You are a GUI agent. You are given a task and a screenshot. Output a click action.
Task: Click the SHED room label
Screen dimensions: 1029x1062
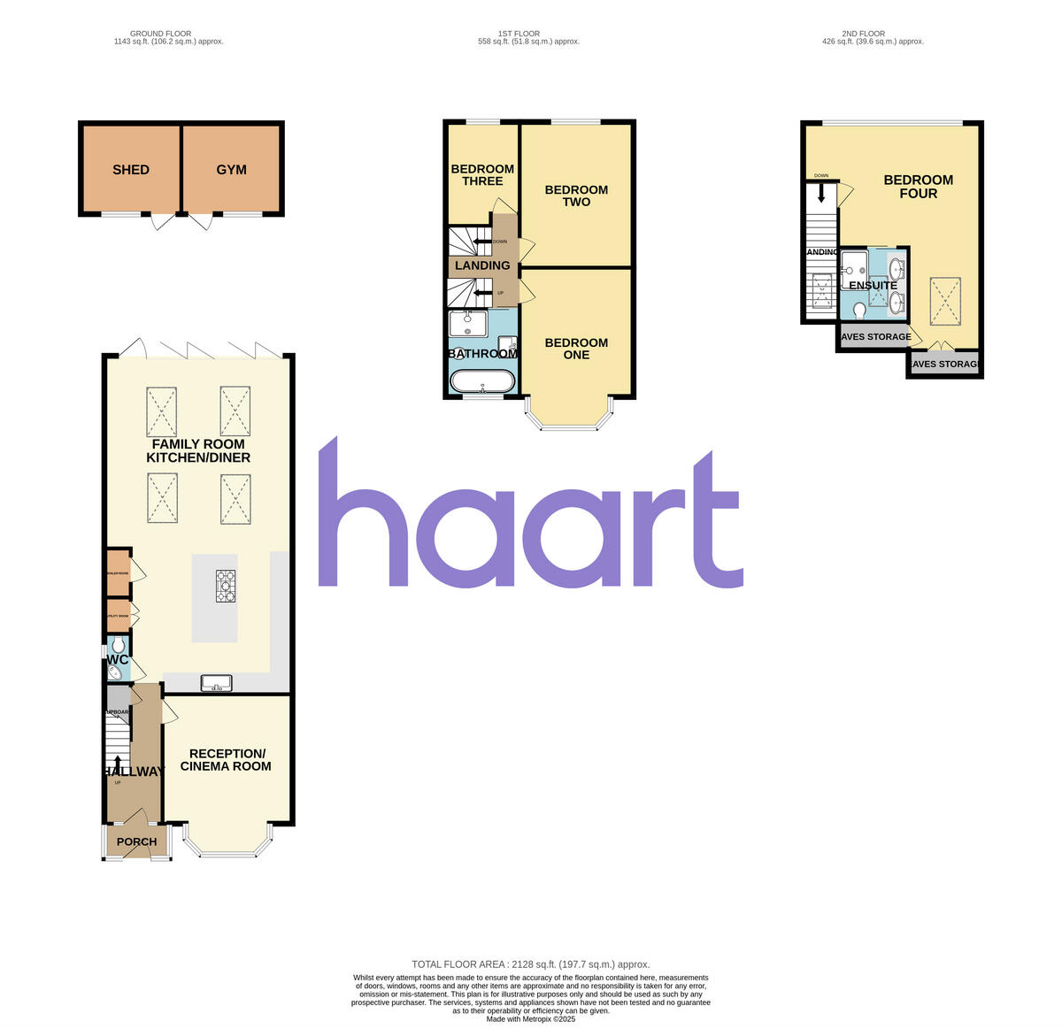(x=131, y=170)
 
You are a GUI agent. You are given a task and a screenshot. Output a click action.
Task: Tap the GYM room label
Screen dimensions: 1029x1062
(x=231, y=170)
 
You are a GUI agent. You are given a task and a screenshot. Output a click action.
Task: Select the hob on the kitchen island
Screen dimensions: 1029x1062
(x=227, y=586)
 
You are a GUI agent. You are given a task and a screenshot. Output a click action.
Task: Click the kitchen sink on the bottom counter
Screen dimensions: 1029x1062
(x=216, y=682)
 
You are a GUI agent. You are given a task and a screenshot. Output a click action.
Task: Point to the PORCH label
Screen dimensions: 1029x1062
(x=137, y=842)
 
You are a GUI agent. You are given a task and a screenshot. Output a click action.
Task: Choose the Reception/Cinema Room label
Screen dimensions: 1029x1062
(x=226, y=760)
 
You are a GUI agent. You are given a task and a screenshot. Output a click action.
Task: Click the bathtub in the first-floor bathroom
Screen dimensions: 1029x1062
(x=482, y=381)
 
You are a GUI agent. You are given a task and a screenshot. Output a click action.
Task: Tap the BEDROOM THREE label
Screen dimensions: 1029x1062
(x=482, y=175)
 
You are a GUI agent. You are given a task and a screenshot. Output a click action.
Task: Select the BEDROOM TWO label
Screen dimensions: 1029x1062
(x=576, y=196)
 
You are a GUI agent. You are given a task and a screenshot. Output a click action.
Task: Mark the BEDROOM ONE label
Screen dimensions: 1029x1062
(x=576, y=349)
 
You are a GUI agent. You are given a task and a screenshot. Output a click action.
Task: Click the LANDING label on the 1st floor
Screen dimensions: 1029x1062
(x=482, y=265)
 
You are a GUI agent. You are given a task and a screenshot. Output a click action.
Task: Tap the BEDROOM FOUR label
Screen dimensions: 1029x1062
(x=919, y=187)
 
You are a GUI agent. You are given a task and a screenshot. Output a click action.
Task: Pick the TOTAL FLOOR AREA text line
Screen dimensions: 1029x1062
(x=531, y=964)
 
